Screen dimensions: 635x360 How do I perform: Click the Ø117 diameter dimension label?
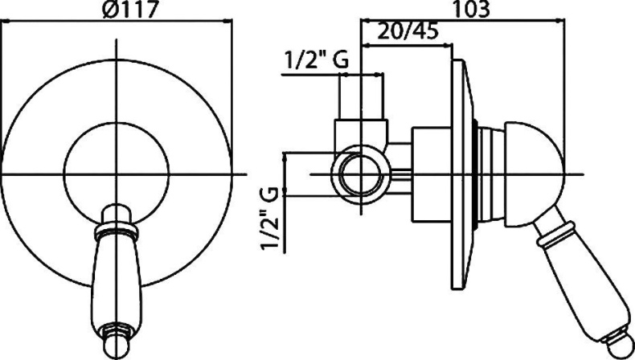(x=129, y=9)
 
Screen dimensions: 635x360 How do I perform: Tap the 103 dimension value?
(x=470, y=9)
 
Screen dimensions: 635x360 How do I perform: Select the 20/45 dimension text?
(x=408, y=31)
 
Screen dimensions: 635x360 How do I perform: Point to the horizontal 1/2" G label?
(x=317, y=60)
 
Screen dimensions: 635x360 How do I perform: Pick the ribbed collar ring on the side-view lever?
(x=556, y=235)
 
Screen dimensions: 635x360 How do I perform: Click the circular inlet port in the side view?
(x=360, y=174)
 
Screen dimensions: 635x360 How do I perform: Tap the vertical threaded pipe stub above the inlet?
(x=361, y=96)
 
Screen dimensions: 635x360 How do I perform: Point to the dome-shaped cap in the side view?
(x=534, y=174)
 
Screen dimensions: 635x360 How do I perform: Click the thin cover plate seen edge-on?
(x=462, y=174)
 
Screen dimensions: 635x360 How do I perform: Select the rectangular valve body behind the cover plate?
(x=432, y=174)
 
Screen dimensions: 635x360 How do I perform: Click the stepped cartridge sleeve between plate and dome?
(x=491, y=174)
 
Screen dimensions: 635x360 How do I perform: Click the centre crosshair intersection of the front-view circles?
(x=117, y=174)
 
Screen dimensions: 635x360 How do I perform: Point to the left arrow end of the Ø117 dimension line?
(x=2, y=19)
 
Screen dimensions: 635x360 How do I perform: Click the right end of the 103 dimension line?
(x=564, y=18)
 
